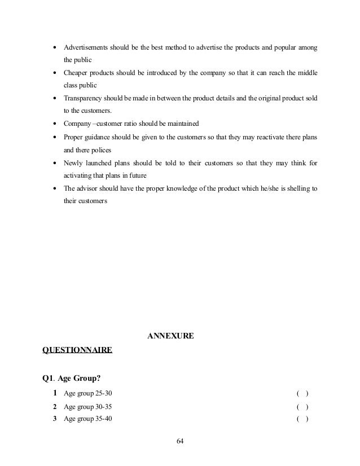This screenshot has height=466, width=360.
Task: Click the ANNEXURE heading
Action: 170,336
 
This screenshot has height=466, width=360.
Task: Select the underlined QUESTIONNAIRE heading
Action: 77,350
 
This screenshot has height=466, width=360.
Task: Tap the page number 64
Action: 180,440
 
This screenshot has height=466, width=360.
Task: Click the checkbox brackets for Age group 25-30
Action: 302,393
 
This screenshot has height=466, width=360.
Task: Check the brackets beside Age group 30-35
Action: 302,406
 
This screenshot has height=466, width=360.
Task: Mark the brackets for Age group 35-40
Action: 302,419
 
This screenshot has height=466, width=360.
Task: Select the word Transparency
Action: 84,98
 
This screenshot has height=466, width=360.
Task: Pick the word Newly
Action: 73,163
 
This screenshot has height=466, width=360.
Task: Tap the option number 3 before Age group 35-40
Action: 55,419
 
